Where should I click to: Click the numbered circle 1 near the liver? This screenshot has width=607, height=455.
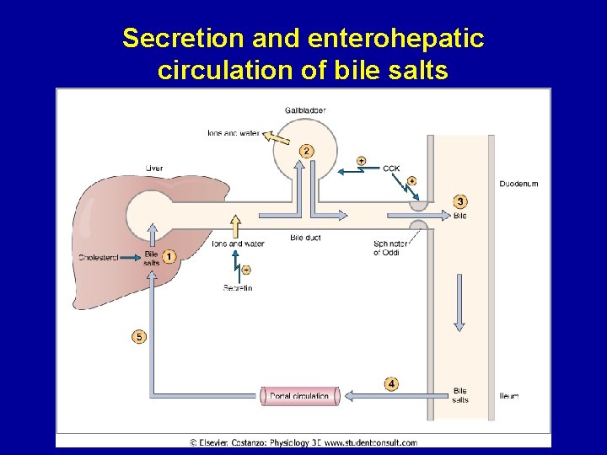[169, 256]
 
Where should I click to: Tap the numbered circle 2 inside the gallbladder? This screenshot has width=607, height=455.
[306, 151]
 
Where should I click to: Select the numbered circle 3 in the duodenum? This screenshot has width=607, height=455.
[459, 201]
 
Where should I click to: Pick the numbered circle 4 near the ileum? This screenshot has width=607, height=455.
[391, 384]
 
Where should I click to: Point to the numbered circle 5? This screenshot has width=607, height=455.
[139, 337]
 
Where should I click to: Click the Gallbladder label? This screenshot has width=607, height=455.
[305, 110]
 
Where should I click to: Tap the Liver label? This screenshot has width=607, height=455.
[153, 169]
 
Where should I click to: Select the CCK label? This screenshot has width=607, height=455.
[391, 169]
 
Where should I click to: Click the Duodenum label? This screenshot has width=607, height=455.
[518, 184]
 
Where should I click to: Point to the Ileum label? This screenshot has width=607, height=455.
[509, 396]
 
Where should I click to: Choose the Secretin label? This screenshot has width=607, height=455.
[238, 288]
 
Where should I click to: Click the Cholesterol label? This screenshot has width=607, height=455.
[99, 257]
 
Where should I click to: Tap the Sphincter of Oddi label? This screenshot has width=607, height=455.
[390, 248]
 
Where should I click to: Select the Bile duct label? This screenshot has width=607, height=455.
[305, 238]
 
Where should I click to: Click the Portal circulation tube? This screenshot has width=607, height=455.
[299, 395]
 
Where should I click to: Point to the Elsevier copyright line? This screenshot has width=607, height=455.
[303, 442]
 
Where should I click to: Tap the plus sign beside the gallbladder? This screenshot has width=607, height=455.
[362, 160]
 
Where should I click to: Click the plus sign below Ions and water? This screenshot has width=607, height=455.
[246, 270]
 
